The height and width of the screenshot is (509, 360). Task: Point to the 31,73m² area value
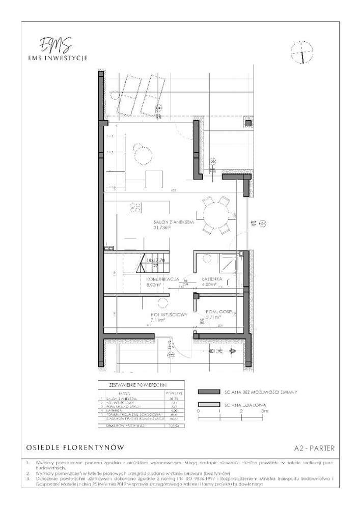(162, 228)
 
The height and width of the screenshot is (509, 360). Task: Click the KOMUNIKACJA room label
(161, 280)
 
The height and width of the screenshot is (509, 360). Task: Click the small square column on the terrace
(248, 123)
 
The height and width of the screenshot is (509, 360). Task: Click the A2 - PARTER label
(314, 448)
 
